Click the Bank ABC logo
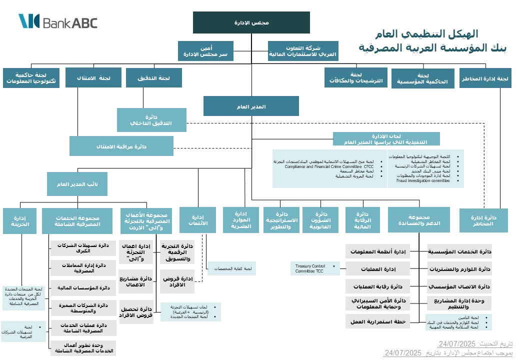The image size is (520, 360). [x=58, y=21]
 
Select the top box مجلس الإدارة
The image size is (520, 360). [x=251, y=22]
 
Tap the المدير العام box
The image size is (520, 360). [x=251, y=106]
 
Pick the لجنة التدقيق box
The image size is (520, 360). [x=153, y=78]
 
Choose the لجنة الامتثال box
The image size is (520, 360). [x=93, y=78]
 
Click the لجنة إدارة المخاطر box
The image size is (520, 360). [x=485, y=78]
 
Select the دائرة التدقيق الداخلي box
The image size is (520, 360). [x=151, y=120]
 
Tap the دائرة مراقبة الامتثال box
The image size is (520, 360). [x=121, y=146]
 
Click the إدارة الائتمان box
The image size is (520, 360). [x=197, y=220]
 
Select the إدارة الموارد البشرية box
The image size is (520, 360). [x=241, y=220]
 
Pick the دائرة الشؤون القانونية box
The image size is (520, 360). [x=321, y=220]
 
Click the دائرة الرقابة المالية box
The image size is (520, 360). [x=362, y=220]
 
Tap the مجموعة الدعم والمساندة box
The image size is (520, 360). [x=418, y=220]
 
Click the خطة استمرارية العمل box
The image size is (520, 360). [x=378, y=321]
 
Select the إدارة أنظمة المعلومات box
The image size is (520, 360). [x=378, y=251]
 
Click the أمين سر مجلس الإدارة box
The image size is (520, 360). [x=205, y=51]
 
